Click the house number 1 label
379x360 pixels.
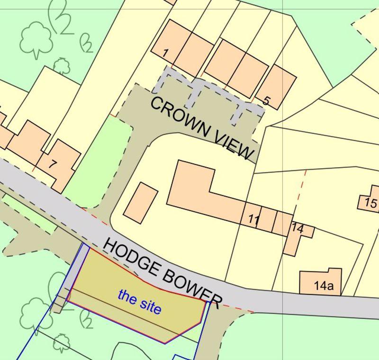coord(164,53)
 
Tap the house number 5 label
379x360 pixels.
coord(266,100)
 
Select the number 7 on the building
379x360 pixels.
coord(53,164)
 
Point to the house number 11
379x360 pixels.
coord(254,219)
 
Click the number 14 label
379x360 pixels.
coord(298,227)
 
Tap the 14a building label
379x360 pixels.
coord(324,286)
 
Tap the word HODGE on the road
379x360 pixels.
coord(130,260)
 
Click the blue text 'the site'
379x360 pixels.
coord(140,302)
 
